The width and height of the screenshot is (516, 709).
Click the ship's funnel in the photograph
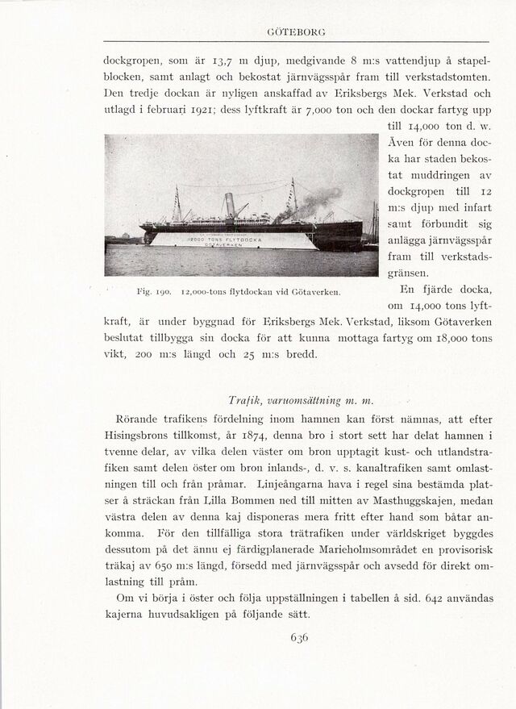click(230, 206)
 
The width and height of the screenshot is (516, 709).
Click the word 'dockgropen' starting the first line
click(133, 60)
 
